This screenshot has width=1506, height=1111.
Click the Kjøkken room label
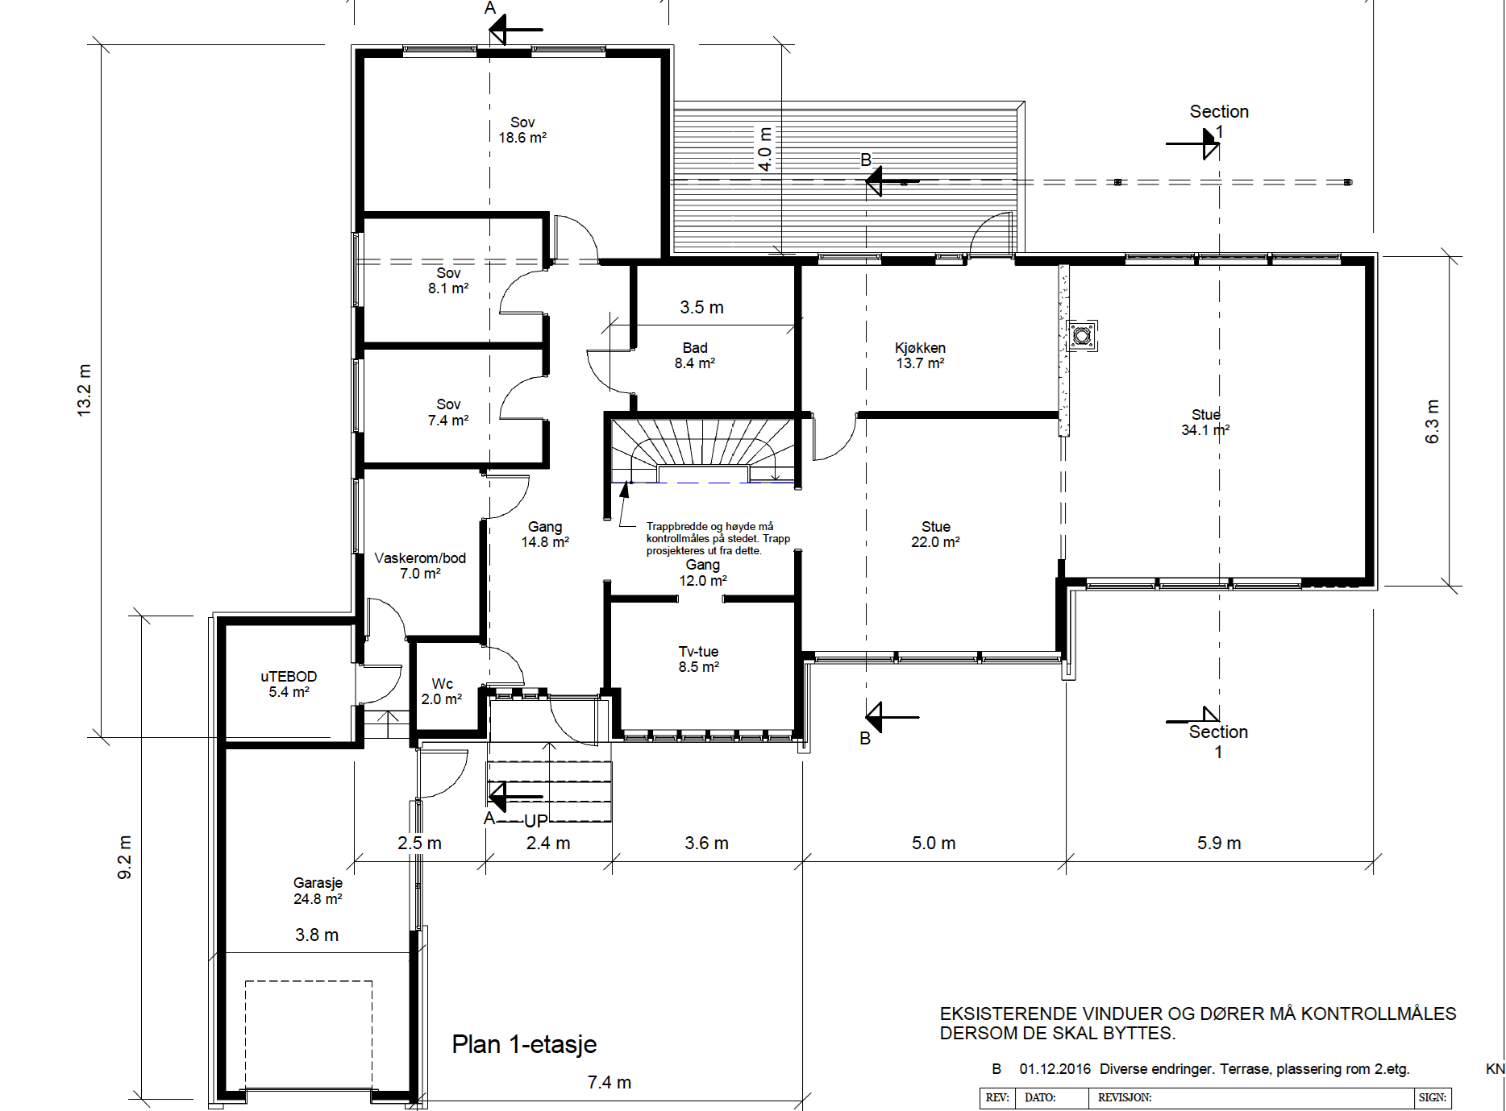coord(920,355)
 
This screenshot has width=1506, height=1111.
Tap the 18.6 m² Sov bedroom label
coord(522,130)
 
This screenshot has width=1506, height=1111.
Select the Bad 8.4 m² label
coord(695,355)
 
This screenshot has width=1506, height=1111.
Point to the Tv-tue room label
coord(698,659)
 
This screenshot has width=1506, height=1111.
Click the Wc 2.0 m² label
coord(442,691)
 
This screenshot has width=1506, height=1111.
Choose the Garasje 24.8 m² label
coord(318,890)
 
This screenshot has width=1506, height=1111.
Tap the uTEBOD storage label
coord(289,684)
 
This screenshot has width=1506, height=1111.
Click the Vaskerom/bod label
coord(420,566)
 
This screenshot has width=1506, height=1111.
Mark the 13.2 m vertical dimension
coord(85,391)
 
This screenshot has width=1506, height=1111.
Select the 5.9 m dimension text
coord(1219,843)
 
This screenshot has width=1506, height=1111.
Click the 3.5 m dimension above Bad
coord(701,307)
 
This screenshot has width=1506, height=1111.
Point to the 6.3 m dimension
coord(1432,421)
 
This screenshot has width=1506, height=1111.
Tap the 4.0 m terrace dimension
coord(765,148)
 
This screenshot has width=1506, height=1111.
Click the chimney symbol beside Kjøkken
coord(1082,335)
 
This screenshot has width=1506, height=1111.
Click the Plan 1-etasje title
coord(524,1044)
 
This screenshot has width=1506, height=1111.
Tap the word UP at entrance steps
coord(536,821)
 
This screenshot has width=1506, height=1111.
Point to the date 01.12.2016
coord(1055,1069)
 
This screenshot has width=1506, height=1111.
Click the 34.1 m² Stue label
coord(1206,422)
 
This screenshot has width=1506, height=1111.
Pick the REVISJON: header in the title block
coord(1125,1097)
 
